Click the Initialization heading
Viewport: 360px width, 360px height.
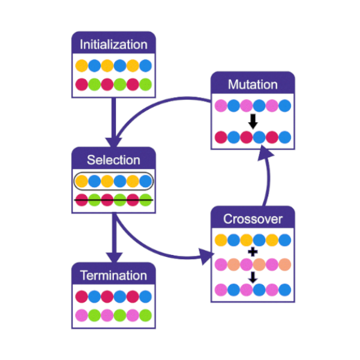pos(113,44)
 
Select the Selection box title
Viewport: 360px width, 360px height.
pos(113,160)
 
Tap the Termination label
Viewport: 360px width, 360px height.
pos(113,275)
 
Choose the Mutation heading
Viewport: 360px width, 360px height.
pos(253,85)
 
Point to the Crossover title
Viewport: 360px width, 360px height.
pos(253,219)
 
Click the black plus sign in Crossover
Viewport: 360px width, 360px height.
pos(253,252)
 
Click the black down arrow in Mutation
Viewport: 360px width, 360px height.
pos(253,122)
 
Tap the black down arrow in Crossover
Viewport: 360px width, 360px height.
pos(253,277)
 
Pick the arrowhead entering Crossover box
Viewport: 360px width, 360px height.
pos(206,259)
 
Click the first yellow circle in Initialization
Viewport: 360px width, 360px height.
pos(81,65)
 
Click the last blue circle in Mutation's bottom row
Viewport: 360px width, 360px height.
pos(285,137)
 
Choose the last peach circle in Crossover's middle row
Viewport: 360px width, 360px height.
pos(285,265)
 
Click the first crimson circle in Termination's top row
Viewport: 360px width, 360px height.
pos(81,296)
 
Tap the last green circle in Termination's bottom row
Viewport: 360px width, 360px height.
pos(146,315)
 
